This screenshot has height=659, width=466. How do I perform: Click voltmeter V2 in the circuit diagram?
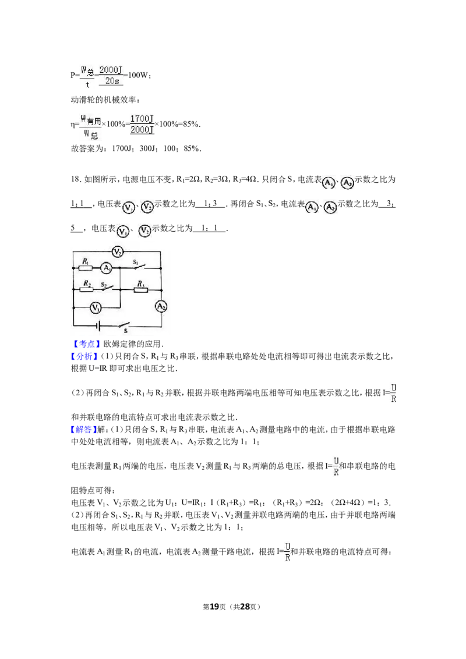tap(118, 252)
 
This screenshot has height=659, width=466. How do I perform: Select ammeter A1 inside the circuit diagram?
tap(105, 268)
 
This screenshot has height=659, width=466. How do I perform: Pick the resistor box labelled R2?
tap(87, 289)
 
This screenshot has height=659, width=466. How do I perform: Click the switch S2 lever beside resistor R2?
tap(107, 288)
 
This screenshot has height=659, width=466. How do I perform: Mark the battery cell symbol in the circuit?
tap(100, 326)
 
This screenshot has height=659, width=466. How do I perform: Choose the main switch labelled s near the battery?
tap(125, 325)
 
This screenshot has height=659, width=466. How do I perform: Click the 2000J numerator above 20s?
tap(111, 70)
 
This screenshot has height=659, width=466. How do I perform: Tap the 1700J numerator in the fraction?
tap(143, 118)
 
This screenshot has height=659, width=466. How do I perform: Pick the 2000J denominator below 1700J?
tap(143, 130)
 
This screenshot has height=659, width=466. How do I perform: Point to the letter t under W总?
tap(88, 84)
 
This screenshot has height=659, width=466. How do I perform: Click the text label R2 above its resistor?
tap(87, 282)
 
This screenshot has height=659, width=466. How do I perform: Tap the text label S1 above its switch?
tap(136, 262)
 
